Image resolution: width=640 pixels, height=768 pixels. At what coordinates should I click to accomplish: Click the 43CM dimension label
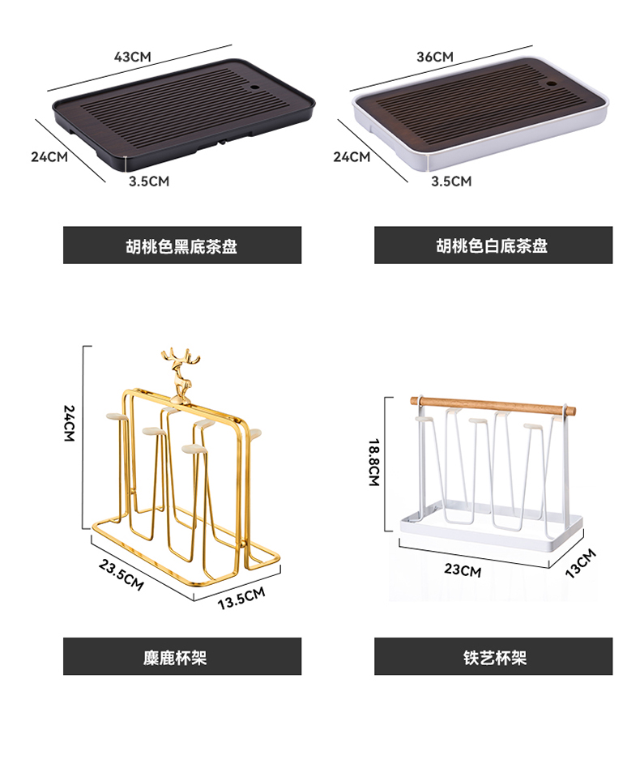pos(133,57)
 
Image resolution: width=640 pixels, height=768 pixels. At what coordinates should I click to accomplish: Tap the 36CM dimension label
pos(434,57)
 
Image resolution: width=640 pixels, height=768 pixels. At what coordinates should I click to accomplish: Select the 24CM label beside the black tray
pos(49,156)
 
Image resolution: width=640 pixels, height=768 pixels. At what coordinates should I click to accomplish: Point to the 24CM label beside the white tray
pos(352,156)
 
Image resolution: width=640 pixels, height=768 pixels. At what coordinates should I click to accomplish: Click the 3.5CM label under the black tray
pos(149,181)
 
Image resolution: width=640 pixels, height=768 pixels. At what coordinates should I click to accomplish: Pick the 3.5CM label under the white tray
pos(450,181)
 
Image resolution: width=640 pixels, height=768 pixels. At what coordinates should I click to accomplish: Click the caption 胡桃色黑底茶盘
pos(182,245)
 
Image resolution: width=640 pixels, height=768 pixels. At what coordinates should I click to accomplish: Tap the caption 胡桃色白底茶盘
pos(493,245)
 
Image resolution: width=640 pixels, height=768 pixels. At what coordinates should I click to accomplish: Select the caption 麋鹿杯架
pos(182,656)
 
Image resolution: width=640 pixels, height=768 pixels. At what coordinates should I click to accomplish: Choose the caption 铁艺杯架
pos(493,656)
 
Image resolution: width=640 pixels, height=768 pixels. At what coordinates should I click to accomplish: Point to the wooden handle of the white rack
pos(489,403)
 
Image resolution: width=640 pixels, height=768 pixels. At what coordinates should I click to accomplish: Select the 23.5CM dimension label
pos(122,573)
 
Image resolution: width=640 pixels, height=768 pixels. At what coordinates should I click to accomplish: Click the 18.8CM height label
pos(373,462)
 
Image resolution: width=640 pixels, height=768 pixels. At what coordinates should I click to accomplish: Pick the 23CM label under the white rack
pos(463,570)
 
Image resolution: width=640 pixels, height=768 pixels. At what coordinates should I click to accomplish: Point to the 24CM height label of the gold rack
pos(70,423)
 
